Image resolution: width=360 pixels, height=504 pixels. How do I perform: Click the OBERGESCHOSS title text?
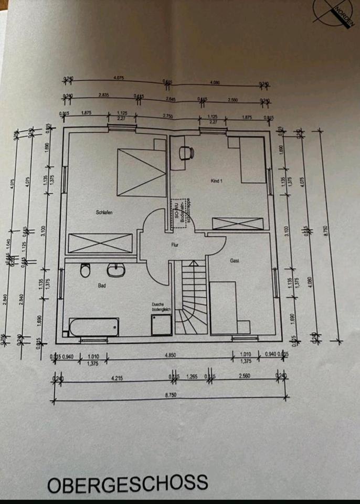coord(128,483)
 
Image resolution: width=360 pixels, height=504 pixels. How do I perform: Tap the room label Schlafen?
coord(104,212)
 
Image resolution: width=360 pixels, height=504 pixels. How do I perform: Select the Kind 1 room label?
coord(217,181)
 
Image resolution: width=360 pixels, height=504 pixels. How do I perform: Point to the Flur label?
coord(175,245)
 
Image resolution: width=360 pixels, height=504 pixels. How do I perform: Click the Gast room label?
coord(234,260)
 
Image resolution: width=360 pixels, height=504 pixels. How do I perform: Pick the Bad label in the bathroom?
coord(102,286)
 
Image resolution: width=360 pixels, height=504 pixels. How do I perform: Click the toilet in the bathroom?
coord(85,271)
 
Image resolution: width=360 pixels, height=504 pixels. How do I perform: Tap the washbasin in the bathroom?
coord(114,270)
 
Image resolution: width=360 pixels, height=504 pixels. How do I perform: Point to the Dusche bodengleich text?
coord(159,307)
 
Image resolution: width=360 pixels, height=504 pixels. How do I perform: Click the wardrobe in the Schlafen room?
coord(100,243)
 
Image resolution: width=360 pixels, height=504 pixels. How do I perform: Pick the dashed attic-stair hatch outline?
coord(181,212)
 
